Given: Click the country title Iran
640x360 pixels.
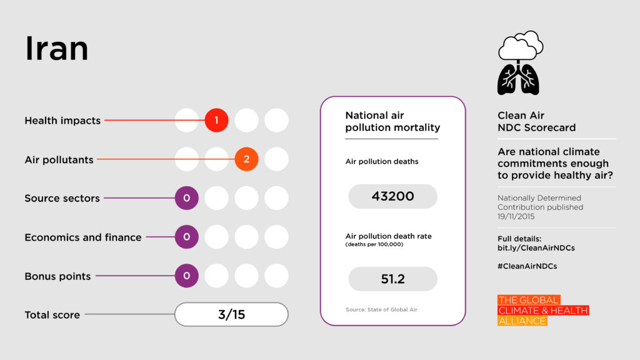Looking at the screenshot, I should pyautogui.click(x=56, y=49).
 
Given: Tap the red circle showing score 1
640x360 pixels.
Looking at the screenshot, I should pyautogui.click(x=216, y=121).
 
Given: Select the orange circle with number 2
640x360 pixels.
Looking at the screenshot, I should pyautogui.click(x=246, y=159).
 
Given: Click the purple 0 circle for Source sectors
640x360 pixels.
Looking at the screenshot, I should pyautogui.click(x=186, y=198).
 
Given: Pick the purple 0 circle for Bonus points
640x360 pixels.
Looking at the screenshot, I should pyautogui.click(x=186, y=276).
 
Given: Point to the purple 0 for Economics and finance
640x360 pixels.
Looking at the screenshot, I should pyautogui.click(x=186, y=237).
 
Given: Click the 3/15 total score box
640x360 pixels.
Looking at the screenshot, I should pyautogui.click(x=231, y=314).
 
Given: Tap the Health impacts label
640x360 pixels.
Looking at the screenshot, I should pyautogui.click(x=62, y=121).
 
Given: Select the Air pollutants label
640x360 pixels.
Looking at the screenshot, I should pyautogui.click(x=59, y=159).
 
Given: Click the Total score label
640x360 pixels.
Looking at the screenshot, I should pyautogui.click(x=52, y=315).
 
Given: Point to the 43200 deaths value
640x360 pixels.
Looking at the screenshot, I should pyautogui.click(x=392, y=196).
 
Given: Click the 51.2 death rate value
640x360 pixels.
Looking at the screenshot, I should pyautogui.click(x=392, y=279).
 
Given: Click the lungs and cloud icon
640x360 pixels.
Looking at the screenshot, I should pyautogui.click(x=519, y=62).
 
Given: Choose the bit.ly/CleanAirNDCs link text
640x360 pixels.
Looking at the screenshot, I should pyautogui.click(x=536, y=248).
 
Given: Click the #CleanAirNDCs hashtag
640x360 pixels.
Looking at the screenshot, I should pyautogui.click(x=527, y=266).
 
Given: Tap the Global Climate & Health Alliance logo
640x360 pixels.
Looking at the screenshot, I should pyautogui.click(x=542, y=311).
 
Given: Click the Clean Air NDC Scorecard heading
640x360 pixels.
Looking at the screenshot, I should pyautogui.click(x=536, y=121).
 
